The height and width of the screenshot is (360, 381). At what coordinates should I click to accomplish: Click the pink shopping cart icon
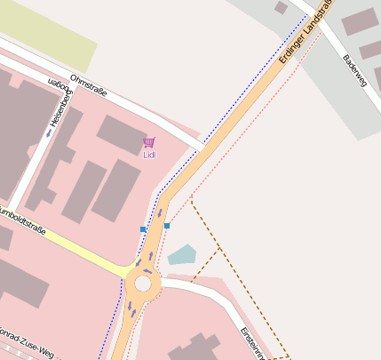pos(148,142)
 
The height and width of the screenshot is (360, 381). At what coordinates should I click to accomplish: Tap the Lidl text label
pos(149,155)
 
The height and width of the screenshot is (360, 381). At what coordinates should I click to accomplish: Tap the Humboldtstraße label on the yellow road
pos(22,219)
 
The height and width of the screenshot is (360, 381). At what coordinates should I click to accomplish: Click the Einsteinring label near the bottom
pos(252,342)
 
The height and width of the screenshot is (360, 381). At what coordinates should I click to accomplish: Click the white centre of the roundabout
pos(142,284)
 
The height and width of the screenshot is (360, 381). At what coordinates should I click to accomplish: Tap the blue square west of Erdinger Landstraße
pos(143,229)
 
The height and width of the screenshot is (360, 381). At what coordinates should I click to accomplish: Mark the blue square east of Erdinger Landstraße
pos(167,226)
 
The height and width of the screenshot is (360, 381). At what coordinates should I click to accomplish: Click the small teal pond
pos(182,255)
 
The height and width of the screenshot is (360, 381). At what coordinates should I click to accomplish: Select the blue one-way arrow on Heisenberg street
pos(48,134)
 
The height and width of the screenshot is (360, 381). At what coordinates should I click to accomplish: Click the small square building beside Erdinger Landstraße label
pos(281,8)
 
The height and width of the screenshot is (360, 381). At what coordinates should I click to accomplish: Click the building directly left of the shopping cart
pos(121,132)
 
